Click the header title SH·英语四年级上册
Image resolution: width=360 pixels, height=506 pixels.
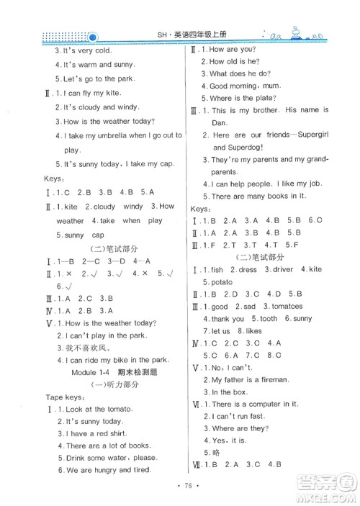pos(179,36)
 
